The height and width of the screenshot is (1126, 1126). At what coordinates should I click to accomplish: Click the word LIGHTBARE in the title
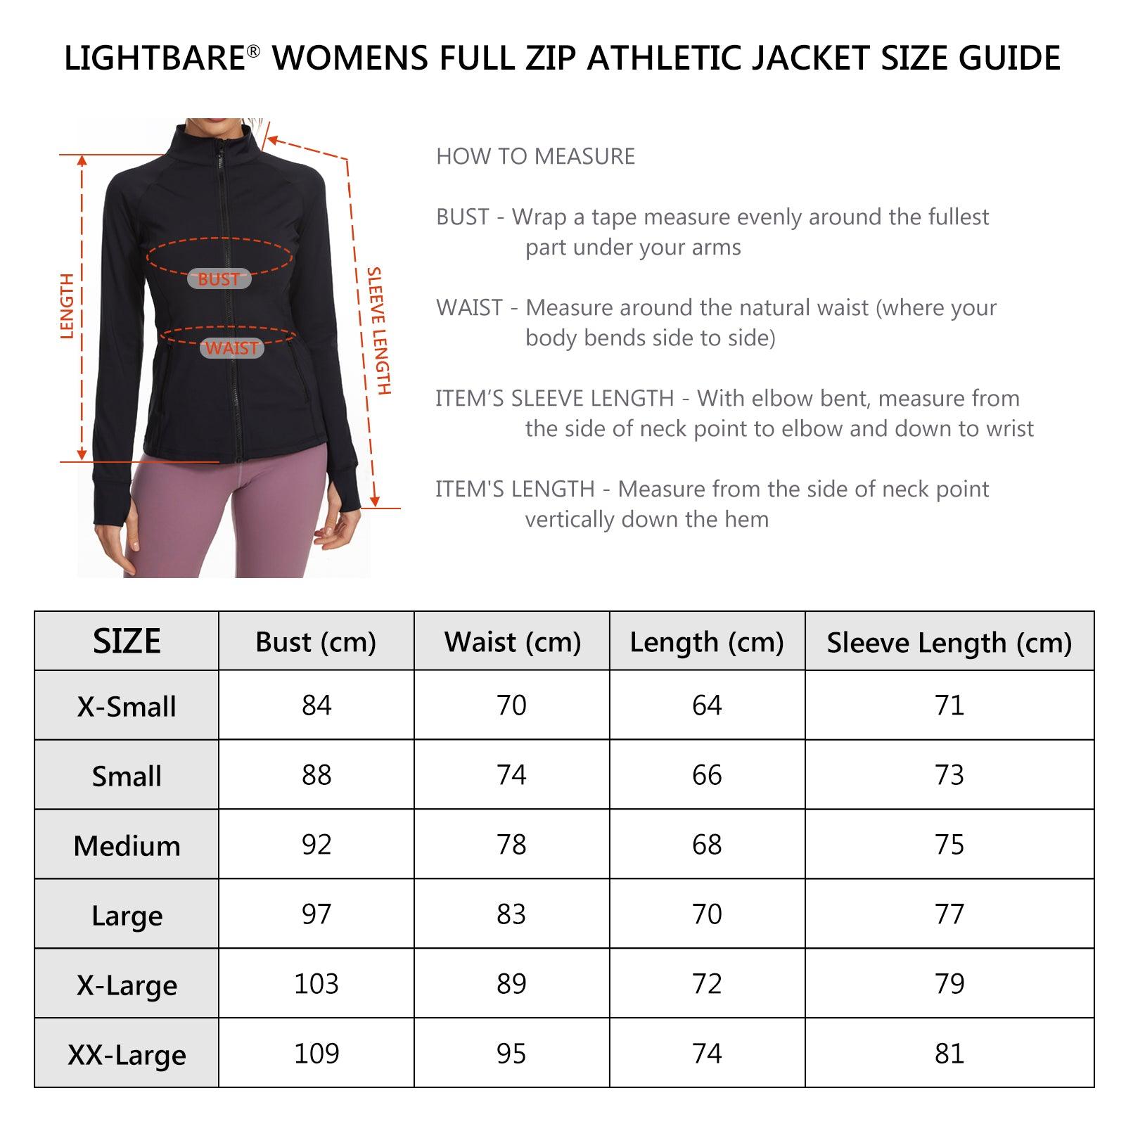point(154,58)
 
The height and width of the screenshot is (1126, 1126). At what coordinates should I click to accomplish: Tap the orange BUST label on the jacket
point(219,279)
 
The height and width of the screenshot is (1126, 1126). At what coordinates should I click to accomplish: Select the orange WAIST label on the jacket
point(232,348)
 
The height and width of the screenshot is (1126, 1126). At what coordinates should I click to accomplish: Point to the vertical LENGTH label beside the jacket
point(68,307)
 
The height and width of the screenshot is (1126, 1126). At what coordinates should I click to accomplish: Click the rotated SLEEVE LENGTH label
point(378,331)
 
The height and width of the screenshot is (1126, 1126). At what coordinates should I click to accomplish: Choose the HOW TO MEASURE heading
point(535,156)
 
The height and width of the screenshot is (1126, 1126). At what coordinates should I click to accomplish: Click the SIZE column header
point(127,641)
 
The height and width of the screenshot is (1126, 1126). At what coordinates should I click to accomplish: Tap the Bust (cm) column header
point(316,642)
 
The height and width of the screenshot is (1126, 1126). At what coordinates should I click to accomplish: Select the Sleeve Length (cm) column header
point(949,643)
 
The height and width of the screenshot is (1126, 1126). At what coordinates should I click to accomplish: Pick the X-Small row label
point(127,707)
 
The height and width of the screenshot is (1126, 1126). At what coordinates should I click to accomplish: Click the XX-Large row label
point(127,1055)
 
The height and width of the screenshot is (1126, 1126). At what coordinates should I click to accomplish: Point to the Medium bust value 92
point(316,845)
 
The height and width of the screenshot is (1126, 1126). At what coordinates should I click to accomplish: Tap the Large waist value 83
point(511,914)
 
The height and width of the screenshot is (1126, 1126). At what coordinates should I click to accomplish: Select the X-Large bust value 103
point(316,984)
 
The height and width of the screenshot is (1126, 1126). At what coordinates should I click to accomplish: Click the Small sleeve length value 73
point(949,775)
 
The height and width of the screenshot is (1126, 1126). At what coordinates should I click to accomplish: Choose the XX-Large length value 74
point(707,1054)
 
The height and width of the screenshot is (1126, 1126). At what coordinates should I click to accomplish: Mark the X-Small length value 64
point(707,705)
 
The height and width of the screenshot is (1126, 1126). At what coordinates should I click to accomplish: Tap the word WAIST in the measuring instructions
point(469,308)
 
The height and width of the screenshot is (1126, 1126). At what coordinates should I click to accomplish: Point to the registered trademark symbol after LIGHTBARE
point(254,51)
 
